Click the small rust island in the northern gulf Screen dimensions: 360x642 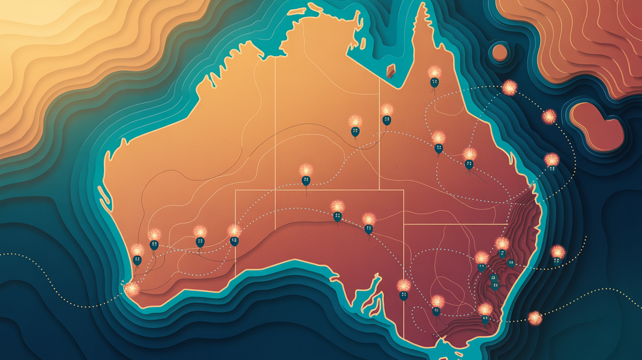point(391,71)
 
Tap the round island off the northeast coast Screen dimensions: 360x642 point(500,52)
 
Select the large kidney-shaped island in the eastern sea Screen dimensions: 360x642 point(596,126)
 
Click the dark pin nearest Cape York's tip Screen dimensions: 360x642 point(434,83)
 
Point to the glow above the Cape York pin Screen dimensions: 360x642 point(433,72)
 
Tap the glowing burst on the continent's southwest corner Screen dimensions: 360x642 point(132,289)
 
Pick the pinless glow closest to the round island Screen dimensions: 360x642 point(509,88)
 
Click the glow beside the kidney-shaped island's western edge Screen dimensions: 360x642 point(549,116)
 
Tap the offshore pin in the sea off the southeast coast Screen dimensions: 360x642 point(557,261)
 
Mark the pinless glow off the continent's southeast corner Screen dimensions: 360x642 point(535,318)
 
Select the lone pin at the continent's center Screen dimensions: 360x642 point(306,180)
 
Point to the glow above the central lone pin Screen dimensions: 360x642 point(306,170)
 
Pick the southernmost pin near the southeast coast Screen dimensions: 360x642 point(485,319)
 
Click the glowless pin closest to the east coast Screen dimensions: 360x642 point(511,264)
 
